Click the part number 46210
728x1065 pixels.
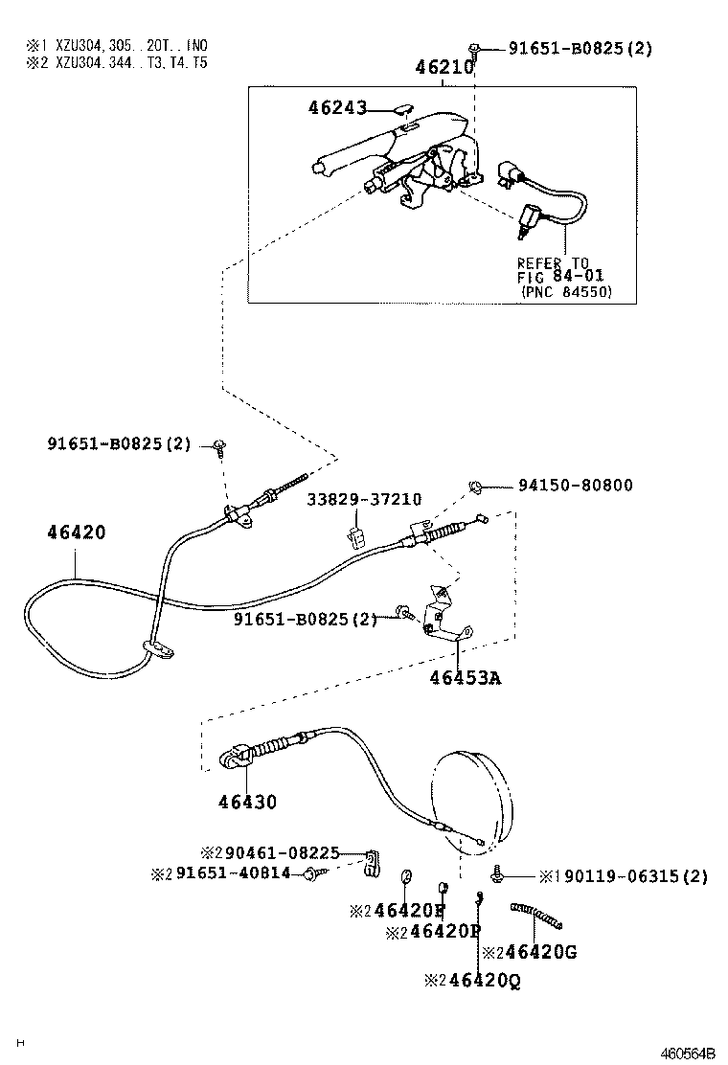(x=444, y=68)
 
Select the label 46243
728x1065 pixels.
(x=337, y=108)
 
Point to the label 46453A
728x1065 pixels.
(x=466, y=678)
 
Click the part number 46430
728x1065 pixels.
(x=245, y=802)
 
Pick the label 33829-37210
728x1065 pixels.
(x=364, y=500)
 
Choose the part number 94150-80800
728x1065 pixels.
(x=576, y=486)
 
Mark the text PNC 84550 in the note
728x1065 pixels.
(x=566, y=291)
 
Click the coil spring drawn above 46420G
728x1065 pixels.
(x=536, y=917)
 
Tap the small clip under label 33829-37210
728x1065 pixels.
(x=355, y=534)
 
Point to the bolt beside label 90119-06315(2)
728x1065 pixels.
(x=498, y=872)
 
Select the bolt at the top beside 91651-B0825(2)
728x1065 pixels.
(x=475, y=48)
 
